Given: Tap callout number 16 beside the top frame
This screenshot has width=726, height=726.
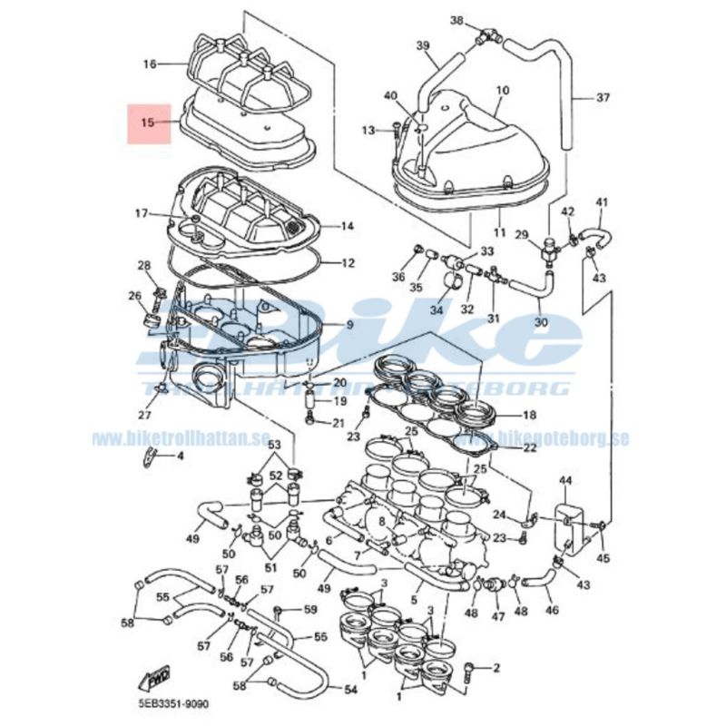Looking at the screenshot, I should [150, 64].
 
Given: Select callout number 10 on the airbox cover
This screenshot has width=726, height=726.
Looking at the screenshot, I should [503, 91].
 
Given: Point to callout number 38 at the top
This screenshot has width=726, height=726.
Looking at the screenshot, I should [456, 20].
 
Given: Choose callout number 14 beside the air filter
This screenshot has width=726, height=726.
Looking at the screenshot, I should [347, 226].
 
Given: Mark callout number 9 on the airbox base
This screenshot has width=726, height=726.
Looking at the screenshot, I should [349, 325].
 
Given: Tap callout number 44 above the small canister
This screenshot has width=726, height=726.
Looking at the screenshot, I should [564, 480].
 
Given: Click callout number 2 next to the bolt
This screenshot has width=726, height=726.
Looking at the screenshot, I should [496, 669].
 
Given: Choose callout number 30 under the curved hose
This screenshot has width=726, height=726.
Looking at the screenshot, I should [540, 321].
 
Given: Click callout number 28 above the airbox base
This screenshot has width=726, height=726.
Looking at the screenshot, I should [143, 265].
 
